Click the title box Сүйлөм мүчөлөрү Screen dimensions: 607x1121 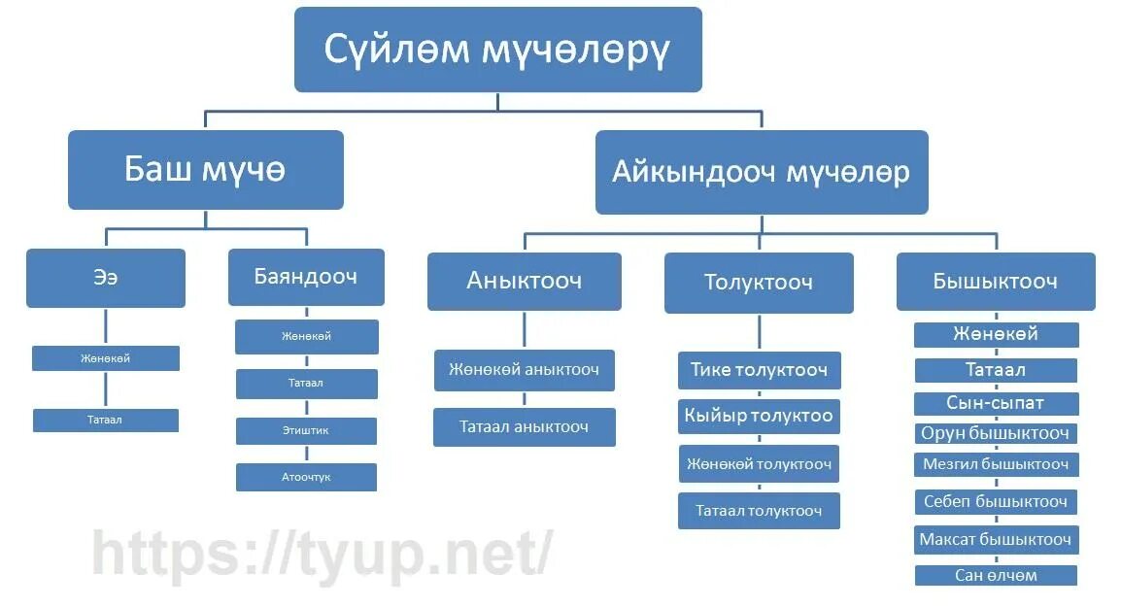click(x=497, y=50)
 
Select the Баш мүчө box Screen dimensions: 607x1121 click(x=205, y=170)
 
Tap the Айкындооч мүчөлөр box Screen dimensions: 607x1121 click(x=761, y=172)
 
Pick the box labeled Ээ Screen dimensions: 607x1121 click(x=105, y=278)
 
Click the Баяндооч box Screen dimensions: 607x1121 click(x=306, y=277)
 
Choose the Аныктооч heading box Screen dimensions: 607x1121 click(x=524, y=282)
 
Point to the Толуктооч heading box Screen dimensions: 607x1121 click(x=758, y=283)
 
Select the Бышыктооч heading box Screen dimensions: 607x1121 click(x=995, y=282)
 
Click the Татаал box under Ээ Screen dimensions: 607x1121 click(x=105, y=421)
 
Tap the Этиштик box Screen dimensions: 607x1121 click(x=306, y=430)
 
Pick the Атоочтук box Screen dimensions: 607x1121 click(x=306, y=477)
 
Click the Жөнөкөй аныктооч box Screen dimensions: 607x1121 click(x=524, y=370)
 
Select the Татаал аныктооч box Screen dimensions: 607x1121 click(x=524, y=427)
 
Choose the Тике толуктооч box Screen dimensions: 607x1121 click(x=759, y=370)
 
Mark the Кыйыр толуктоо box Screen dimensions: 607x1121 click(x=759, y=416)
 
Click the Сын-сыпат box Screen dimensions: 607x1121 click(x=996, y=402)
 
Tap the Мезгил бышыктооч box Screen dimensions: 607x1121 click(x=996, y=464)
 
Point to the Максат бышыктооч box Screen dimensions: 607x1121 click(x=996, y=539)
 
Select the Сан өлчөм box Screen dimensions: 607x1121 click(x=996, y=575)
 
